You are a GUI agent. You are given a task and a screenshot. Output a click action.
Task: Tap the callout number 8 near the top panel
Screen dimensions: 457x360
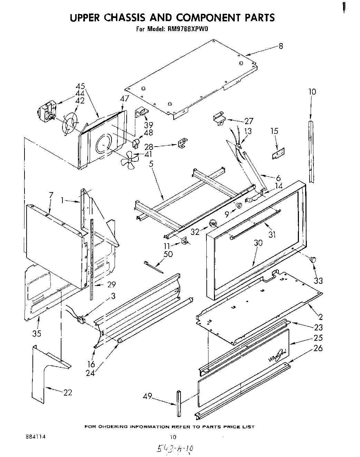tap(281, 46)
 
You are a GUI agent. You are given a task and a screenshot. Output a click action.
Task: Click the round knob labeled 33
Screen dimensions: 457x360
tap(313, 260)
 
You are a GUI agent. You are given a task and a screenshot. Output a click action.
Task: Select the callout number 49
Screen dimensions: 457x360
tap(148, 397)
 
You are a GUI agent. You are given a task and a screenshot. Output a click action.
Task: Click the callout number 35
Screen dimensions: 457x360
tap(37, 333)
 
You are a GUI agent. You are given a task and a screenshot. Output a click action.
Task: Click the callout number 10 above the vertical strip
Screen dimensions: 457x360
tap(312, 92)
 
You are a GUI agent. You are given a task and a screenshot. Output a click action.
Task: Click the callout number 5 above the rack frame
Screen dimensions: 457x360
tap(151, 164)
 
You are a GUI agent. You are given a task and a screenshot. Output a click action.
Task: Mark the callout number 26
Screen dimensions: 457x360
tap(318, 348)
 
